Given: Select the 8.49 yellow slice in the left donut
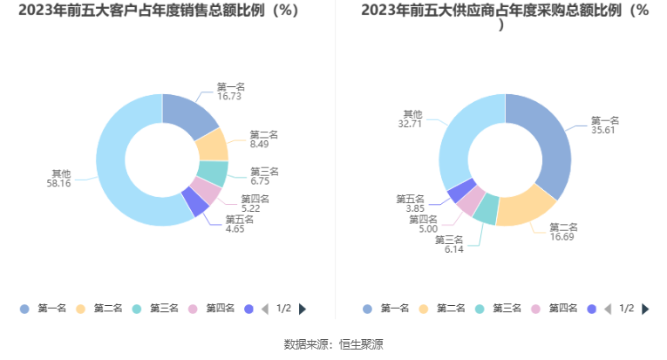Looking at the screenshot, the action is pyautogui.click(x=213, y=146).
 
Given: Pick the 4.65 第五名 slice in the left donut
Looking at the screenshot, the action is pyautogui.click(x=195, y=202).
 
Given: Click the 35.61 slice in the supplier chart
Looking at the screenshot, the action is pyautogui.click(x=548, y=140).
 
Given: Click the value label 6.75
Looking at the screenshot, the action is pyautogui.click(x=260, y=181).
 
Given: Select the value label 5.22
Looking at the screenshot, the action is pyautogui.click(x=250, y=208).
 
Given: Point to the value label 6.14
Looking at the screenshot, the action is pyautogui.click(x=454, y=249).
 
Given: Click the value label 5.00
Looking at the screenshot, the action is pyautogui.click(x=428, y=229).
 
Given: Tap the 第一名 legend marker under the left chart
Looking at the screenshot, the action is pyautogui.click(x=24, y=309).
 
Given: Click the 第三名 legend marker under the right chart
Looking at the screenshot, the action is pyautogui.click(x=480, y=309).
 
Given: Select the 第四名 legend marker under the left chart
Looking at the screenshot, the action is pyautogui.click(x=193, y=309).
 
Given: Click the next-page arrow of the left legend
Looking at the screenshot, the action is pyautogui.click(x=303, y=309).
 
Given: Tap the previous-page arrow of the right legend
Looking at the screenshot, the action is pyautogui.click(x=608, y=309).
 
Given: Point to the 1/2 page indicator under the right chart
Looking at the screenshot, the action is pyautogui.click(x=626, y=309).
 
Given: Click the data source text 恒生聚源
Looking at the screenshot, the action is pyautogui.click(x=361, y=344).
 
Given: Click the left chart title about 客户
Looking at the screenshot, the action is pyautogui.click(x=159, y=10).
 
